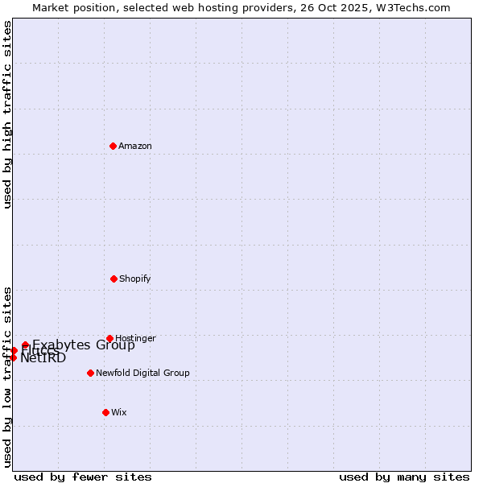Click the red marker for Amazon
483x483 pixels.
(114, 146)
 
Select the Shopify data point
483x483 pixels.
(114, 279)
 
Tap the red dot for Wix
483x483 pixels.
(105, 412)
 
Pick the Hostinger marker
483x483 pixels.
(109, 338)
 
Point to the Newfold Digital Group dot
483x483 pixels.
(90, 373)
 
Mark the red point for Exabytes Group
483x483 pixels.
(25, 345)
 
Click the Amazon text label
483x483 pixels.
(135, 146)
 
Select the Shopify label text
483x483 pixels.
(135, 279)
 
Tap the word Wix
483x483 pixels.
(119, 412)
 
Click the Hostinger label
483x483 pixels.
(135, 338)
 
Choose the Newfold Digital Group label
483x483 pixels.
(142, 373)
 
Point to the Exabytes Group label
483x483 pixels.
(84, 345)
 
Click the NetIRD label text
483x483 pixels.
(43, 358)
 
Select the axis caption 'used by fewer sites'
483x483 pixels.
(83, 477)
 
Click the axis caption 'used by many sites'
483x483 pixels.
(404, 477)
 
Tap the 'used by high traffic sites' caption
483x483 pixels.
(7, 114)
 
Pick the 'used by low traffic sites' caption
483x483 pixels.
(7, 377)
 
